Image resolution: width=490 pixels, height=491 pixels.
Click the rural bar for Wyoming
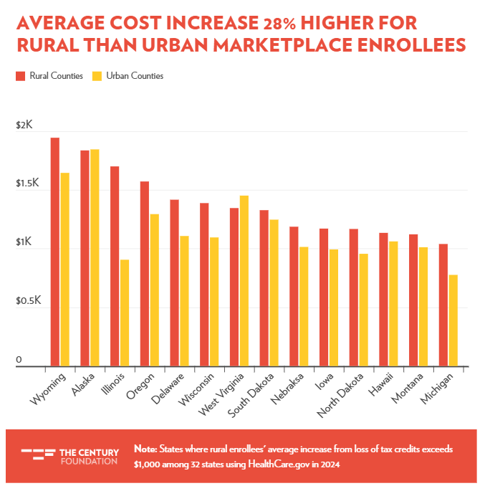55,252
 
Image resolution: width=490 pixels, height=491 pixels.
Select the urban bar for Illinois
125,313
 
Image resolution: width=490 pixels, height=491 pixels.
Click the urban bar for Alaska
95,258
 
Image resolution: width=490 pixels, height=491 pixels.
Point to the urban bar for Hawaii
393,304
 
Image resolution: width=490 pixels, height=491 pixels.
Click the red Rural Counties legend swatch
21,75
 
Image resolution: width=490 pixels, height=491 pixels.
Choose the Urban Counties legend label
135,75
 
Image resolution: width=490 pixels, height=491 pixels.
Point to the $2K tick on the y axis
24,125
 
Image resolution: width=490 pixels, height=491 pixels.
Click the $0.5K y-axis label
29,301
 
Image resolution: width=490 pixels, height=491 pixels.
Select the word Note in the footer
145,449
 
